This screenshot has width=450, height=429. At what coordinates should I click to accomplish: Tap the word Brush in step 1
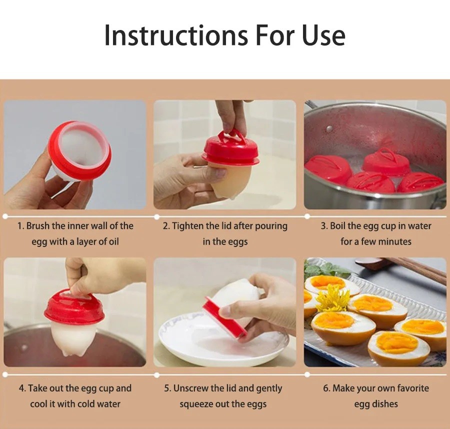pyautogui.click(x=38, y=226)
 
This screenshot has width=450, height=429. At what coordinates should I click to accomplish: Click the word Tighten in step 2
pyautogui.click(x=186, y=226)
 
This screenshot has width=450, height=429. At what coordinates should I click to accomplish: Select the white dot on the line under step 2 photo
pyautogui.click(x=156, y=216)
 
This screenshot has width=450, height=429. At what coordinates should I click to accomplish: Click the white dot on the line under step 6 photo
pyautogui.click(x=307, y=375)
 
